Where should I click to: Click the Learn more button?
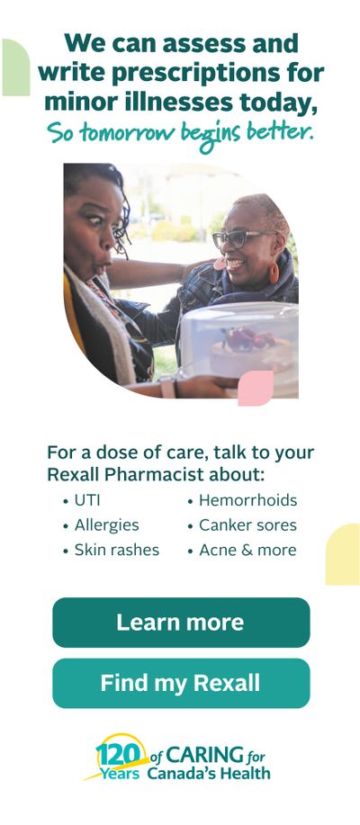[181, 622]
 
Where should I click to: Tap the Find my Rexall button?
[181, 683]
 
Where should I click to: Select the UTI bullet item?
[82, 500]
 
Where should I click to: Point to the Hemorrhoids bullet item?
[243, 500]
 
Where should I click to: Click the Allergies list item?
[101, 525]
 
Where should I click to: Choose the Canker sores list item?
[243, 525]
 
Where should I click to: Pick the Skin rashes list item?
[111, 550]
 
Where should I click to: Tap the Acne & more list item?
[242, 550]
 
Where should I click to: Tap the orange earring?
[274, 272]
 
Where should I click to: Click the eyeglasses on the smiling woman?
[241, 239]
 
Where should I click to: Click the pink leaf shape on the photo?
[256, 388]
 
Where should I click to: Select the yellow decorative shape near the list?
[342, 554]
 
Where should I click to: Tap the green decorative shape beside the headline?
[16, 67]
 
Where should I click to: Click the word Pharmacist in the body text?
[154, 474]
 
